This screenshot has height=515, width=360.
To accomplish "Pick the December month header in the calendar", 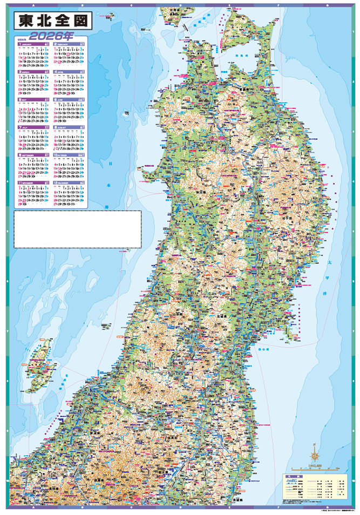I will (68, 183).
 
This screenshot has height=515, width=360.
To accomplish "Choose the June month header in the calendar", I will (68, 99).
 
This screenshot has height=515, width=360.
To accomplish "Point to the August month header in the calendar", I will (68, 127).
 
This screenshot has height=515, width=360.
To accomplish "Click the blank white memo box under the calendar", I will (77, 229).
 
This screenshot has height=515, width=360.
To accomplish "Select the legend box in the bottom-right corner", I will (316, 489).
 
